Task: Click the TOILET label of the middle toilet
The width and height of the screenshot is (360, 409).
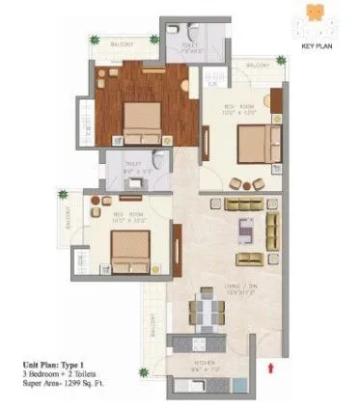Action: [x=133, y=165]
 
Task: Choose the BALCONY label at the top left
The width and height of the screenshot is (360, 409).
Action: [x=121, y=43]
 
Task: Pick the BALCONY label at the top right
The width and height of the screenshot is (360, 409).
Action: [x=257, y=66]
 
